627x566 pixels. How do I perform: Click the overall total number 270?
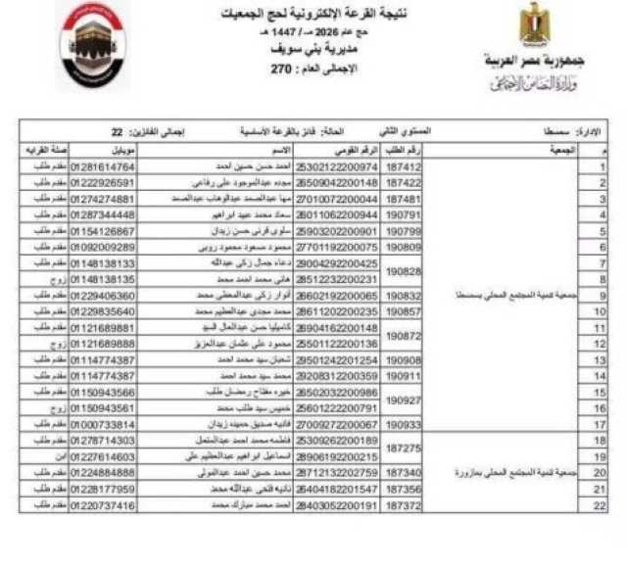(x=282, y=71)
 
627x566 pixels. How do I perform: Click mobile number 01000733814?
(x=102, y=424)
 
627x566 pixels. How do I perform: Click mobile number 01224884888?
(x=102, y=472)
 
